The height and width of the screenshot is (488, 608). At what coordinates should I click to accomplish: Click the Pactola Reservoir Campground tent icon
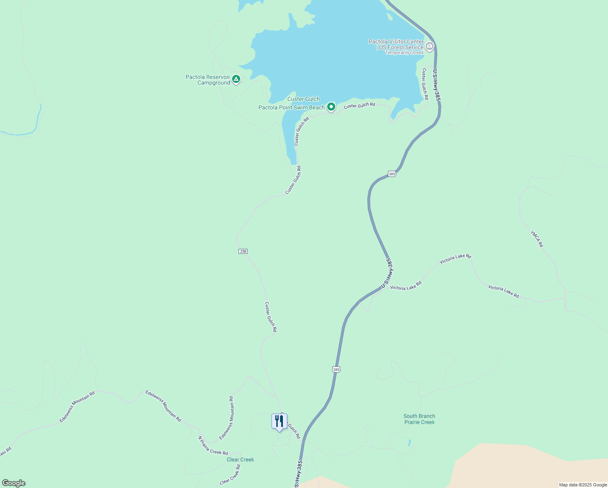(236, 78)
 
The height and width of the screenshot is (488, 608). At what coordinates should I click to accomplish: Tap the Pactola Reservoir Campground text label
(208, 80)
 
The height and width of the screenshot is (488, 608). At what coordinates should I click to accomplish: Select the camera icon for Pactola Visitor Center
(430, 46)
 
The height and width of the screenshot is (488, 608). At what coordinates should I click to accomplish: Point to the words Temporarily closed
(404, 53)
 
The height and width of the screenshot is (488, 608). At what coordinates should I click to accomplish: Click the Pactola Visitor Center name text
(396, 41)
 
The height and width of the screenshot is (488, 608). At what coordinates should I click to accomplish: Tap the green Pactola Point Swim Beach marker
(331, 107)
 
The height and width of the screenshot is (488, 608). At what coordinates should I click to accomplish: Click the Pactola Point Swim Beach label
(291, 108)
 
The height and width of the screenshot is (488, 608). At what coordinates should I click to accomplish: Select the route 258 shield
(243, 251)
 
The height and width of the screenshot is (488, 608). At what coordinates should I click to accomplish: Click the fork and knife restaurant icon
(279, 421)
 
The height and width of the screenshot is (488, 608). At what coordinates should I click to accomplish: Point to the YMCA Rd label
(536, 239)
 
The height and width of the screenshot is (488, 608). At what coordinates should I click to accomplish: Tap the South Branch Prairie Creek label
(419, 419)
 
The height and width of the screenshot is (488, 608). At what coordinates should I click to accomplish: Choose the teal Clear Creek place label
(240, 460)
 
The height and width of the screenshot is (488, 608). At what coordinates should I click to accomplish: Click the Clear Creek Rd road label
(230, 475)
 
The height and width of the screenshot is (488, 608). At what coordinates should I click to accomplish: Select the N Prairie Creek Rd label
(213, 446)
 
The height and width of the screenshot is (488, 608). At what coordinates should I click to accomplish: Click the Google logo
(13, 483)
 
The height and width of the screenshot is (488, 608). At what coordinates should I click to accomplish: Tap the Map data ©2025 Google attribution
(583, 485)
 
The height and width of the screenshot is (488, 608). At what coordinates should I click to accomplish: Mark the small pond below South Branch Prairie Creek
(409, 443)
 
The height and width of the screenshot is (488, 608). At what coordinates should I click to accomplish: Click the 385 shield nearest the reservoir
(391, 174)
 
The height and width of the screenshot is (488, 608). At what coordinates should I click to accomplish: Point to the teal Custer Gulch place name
(303, 99)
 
